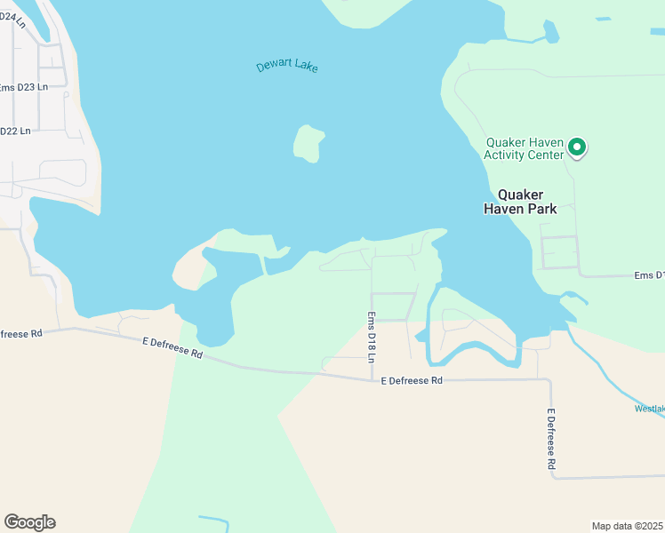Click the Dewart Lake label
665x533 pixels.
tap(286, 67)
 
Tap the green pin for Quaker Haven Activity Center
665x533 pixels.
tap(577, 147)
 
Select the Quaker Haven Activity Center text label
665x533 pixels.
tap(524, 148)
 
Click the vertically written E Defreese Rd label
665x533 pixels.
tap(551, 439)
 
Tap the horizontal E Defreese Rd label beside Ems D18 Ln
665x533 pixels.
tap(411, 381)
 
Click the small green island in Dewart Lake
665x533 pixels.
tap(308, 143)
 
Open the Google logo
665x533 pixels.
tap(29, 522)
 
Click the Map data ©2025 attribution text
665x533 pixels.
tap(627, 526)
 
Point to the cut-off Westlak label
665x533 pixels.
tap(649, 410)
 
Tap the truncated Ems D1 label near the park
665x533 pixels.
tap(648, 275)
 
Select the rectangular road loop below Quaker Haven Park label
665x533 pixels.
tap(560, 252)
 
